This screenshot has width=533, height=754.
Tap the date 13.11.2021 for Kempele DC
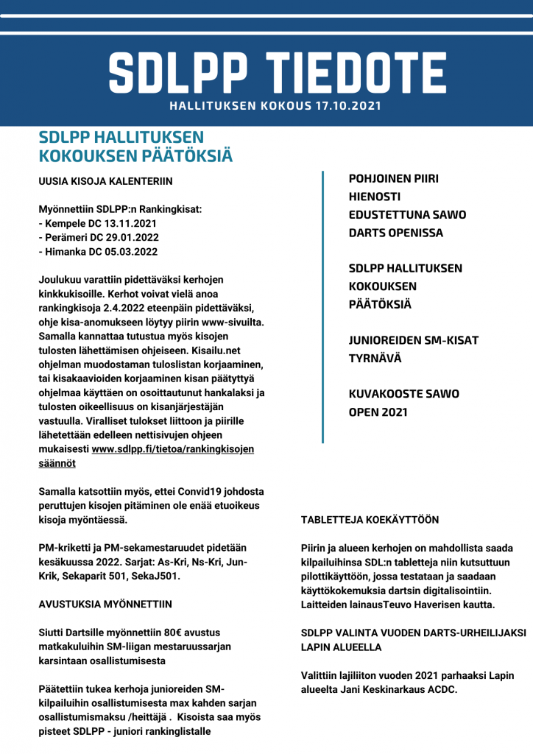[129, 223]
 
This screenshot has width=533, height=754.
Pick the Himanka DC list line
[98, 251]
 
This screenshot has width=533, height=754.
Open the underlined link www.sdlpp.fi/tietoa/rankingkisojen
[173, 449]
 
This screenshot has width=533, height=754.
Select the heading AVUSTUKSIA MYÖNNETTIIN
[105, 605]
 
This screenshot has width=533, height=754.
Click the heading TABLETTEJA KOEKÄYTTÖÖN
[370, 520]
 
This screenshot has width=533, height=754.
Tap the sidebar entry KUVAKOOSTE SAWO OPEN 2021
[403, 402]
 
